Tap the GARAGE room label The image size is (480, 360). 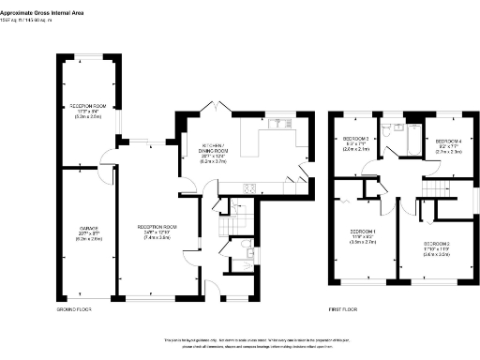[x=87, y=229]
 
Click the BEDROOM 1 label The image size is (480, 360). [x=363, y=231]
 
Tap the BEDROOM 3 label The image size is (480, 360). [x=354, y=138]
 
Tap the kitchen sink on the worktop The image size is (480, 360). [x=278, y=124]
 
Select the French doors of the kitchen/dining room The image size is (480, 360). [x=216, y=110]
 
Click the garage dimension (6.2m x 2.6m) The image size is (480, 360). [x=87, y=240]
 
